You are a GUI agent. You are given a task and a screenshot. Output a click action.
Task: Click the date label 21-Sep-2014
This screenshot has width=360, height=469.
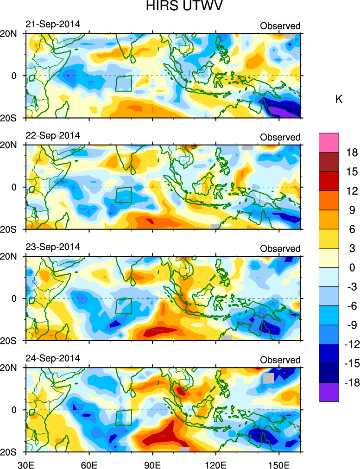[53, 25]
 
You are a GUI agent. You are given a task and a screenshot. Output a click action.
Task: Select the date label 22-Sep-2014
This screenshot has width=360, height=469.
[53, 136]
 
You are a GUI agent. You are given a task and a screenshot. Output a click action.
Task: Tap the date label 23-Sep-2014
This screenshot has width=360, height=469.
[53, 247]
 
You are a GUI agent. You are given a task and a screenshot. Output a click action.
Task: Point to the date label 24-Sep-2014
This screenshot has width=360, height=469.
[53, 358]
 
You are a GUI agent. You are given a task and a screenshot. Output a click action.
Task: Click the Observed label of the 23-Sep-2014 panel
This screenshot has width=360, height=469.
[280, 249]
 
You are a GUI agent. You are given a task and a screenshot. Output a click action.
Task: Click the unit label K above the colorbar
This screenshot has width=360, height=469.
[339, 99]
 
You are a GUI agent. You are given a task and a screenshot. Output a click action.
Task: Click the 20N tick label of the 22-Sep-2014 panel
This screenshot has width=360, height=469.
[11, 145]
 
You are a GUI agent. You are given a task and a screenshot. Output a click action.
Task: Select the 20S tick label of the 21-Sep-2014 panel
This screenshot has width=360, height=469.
[11, 118]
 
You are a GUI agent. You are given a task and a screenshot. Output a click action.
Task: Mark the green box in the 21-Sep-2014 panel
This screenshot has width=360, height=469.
[124, 83]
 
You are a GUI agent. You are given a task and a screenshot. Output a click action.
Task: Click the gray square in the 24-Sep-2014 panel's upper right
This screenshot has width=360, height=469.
[269, 378]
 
